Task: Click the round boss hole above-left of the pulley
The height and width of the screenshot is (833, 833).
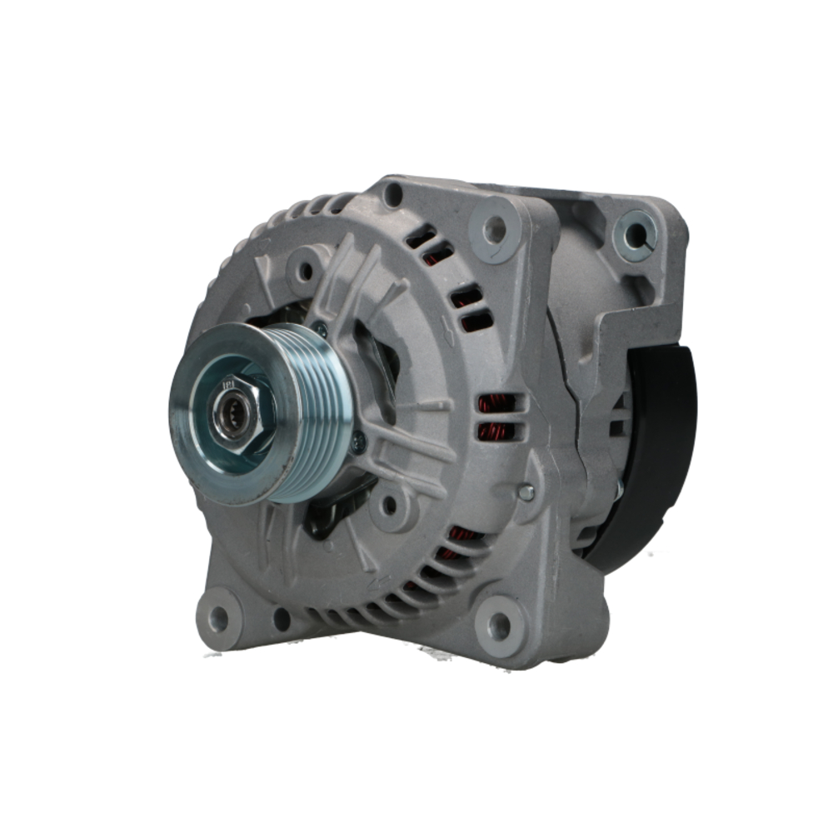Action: (306, 270)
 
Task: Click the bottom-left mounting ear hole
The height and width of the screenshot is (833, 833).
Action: (218, 617)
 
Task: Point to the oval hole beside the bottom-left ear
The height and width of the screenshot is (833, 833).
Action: (282, 619)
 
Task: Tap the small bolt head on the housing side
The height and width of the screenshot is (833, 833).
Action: (526, 492)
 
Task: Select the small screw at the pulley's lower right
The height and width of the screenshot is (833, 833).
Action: (359, 444)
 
